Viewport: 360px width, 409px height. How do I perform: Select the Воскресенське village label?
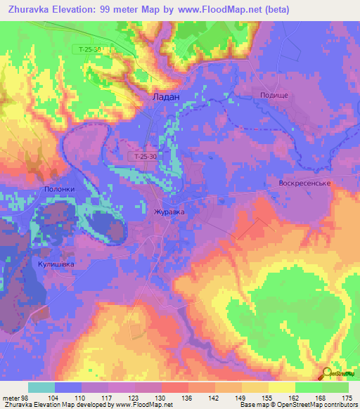click(300, 183)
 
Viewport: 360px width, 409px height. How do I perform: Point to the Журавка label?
click(169, 210)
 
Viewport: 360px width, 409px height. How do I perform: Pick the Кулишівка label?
click(52, 264)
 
